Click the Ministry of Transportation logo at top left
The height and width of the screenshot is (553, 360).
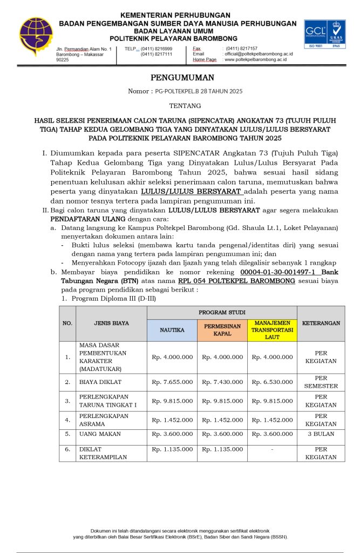click(36, 36)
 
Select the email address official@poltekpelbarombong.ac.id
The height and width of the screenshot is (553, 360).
click(259, 54)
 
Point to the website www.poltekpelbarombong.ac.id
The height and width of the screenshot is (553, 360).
click(255, 59)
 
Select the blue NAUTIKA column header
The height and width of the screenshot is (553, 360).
click(172, 329)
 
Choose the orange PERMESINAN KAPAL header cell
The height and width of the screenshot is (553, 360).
click(222, 329)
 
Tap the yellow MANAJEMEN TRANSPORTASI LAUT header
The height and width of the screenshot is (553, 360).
click(272, 329)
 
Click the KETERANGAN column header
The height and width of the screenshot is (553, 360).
click(321, 323)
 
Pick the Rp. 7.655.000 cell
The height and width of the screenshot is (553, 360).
click(172, 382)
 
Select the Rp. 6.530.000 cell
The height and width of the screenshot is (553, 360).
click(272, 382)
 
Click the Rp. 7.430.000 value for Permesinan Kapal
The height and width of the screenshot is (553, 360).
click(222, 382)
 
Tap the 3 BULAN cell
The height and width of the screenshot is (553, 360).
click(321, 434)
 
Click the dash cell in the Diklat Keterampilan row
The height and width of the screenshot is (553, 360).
click(272, 449)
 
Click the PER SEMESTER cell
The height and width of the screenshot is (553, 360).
click(321, 382)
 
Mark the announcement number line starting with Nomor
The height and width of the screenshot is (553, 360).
click(185, 91)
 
